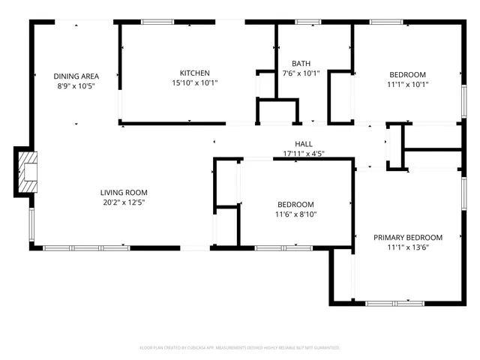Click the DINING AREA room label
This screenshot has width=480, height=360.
click(x=76, y=76)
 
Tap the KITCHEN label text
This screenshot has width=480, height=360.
click(x=194, y=73)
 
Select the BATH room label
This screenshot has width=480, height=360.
click(x=301, y=64)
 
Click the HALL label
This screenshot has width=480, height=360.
click(x=303, y=144)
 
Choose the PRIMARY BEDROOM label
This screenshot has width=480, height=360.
click(x=408, y=238)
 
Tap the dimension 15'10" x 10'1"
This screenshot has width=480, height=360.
click(x=194, y=82)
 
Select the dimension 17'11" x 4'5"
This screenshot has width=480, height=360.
click(x=303, y=154)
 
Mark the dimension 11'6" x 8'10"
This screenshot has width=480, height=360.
click(x=295, y=214)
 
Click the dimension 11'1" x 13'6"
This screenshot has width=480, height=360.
click(x=408, y=247)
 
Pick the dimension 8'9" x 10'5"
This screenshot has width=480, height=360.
click(x=76, y=85)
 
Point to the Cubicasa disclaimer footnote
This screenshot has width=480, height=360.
click(x=240, y=348)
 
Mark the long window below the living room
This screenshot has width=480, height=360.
click(x=85, y=247)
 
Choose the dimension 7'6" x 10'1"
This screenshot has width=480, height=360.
click(x=301, y=73)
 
